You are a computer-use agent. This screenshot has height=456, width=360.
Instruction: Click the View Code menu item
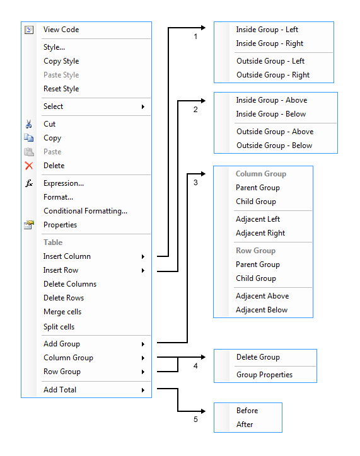click(61, 30)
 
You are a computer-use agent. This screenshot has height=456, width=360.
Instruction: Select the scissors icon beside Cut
click(28, 124)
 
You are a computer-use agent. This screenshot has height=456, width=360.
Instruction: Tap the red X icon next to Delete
click(28, 166)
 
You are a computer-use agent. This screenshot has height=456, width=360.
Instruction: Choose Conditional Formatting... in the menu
click(85, 211)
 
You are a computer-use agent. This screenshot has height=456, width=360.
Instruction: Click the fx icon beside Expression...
click(28, 183)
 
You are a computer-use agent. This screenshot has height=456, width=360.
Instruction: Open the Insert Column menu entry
click(67, 256)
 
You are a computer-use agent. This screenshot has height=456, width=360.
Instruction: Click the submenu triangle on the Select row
click(143, 106)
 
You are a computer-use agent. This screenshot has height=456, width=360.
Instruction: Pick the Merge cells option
click(62, 312)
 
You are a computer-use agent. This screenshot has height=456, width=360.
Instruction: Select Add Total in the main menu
click(60, 390)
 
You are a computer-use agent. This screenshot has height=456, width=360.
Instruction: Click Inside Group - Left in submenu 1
click(267, 30)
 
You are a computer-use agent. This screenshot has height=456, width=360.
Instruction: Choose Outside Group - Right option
click(273, 75)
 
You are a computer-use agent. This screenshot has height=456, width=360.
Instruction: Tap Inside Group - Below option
click(271, 114)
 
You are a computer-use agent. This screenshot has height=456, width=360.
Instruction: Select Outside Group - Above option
click(275, 132)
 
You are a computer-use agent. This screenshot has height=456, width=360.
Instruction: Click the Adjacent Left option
click(258, 219)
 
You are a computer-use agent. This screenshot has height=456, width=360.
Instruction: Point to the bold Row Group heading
click(256, 251)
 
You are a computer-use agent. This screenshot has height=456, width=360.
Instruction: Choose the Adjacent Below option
click(262, 310)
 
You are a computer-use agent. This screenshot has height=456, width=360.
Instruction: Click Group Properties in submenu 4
click(264, 375)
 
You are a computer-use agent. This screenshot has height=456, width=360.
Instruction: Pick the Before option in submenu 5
click(247, 411)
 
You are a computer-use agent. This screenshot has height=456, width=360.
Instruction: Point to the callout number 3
click(195, 183)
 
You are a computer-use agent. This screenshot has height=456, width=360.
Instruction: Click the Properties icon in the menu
click(28, 225)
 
